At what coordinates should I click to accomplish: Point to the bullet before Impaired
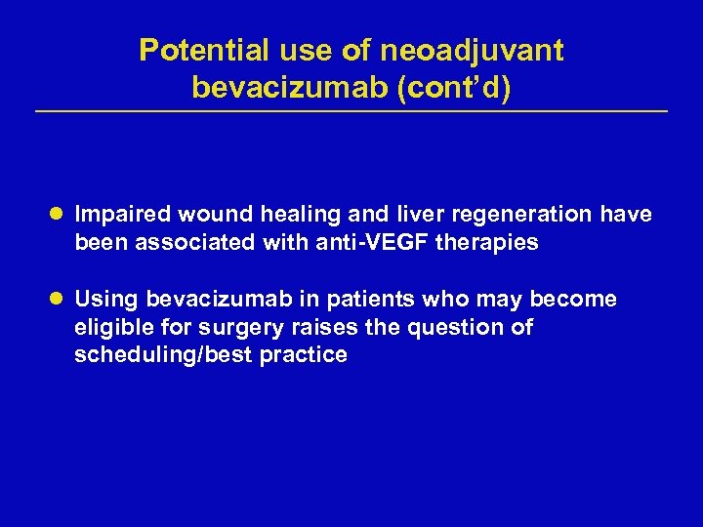pos(60,214)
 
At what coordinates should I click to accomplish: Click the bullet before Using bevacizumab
pos(60,299)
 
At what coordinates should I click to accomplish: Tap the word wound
pos(202,214)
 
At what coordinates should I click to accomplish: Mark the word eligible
pos(110,327)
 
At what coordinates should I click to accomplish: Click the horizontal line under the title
pos(351,111)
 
